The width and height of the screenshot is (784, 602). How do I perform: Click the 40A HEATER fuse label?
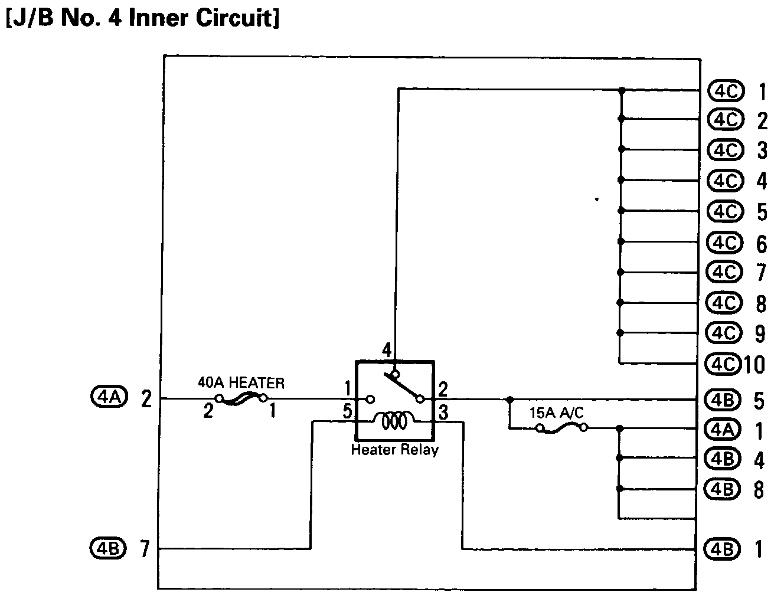click(x=241, y=383)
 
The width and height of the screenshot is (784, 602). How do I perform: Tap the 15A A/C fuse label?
click(x=556, y=413)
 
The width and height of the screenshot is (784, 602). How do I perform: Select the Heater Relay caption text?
click(x=394, y=450)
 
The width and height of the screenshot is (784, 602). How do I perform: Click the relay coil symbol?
click(x=394, y=420)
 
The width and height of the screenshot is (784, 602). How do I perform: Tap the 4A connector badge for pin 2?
click(x=109, y=399)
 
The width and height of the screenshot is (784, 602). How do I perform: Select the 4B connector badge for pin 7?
click(x=107, y=549)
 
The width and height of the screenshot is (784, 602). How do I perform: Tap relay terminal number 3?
click(x=443, y=411)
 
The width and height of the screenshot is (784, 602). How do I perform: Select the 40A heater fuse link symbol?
click(x=241, y=400)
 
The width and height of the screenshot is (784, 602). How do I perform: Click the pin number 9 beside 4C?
click(x=760, y=333)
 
